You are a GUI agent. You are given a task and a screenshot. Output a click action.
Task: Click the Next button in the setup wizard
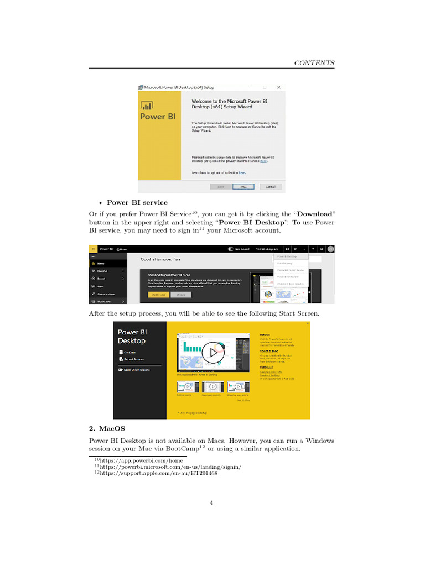[243, 187]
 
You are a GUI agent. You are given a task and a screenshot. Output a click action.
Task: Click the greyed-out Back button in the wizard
[220, 187]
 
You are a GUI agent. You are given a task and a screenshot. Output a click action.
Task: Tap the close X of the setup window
[278, 87]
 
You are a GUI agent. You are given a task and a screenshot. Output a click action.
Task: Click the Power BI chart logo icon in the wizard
[147, 106]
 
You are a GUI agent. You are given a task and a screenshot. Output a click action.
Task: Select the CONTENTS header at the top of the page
[314, 63]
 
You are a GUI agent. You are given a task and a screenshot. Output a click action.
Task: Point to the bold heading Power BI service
[137, 202]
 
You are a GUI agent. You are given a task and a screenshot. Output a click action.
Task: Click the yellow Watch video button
[158, 295]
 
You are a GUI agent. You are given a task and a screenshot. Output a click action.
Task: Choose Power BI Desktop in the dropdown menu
[287, 256]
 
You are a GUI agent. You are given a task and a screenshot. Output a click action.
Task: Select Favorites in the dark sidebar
[103, 271]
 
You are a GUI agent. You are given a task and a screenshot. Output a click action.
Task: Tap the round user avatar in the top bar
[330, 249]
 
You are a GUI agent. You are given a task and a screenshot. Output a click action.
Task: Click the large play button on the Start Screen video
[210, 352]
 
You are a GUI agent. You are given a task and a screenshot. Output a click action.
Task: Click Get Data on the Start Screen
[130, 352]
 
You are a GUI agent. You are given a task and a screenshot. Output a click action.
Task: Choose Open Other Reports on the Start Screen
[136, 370]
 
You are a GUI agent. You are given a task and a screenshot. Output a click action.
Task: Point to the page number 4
[212, 502]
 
